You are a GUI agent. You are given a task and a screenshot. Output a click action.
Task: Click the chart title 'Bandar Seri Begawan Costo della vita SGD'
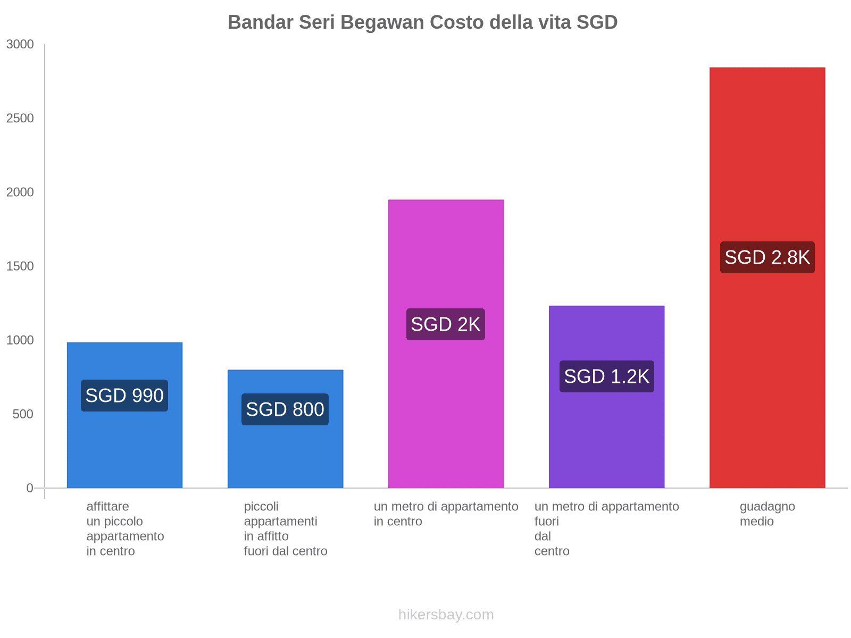pos(422,22)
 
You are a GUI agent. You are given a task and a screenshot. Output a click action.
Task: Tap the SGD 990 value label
pos(124,396)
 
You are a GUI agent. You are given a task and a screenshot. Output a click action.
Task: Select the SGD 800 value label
pos(285,409)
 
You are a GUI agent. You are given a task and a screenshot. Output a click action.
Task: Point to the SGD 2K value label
pos(446,324)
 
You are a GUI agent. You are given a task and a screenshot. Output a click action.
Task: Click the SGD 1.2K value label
pos(606,376)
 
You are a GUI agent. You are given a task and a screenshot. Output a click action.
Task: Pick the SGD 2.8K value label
pos(767,257)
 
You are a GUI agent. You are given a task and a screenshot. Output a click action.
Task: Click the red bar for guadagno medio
pos(767,159)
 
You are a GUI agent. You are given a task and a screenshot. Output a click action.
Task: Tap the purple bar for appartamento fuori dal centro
pos(606,436)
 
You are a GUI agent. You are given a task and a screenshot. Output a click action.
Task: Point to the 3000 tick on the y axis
pos(20,45)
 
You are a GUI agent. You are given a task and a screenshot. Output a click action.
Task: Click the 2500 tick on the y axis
pos(20,119)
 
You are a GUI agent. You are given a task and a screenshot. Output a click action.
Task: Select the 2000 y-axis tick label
pos(20,192)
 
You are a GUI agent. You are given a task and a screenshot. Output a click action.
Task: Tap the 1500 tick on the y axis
pos(20,266)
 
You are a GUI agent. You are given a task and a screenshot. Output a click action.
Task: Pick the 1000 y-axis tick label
pos(20,340)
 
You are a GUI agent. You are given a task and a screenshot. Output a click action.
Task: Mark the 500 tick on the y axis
pos(23,414)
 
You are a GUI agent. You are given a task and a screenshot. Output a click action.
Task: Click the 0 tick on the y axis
pos(30,488)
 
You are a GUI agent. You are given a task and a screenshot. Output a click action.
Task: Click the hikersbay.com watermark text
pos(446,615)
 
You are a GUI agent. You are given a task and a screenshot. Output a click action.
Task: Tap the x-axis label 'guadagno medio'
pos(767,514)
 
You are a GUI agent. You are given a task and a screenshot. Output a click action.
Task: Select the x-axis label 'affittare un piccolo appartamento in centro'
pos(125,528)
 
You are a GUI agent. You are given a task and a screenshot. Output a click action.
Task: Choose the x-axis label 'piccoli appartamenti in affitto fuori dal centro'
pos(286,528)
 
